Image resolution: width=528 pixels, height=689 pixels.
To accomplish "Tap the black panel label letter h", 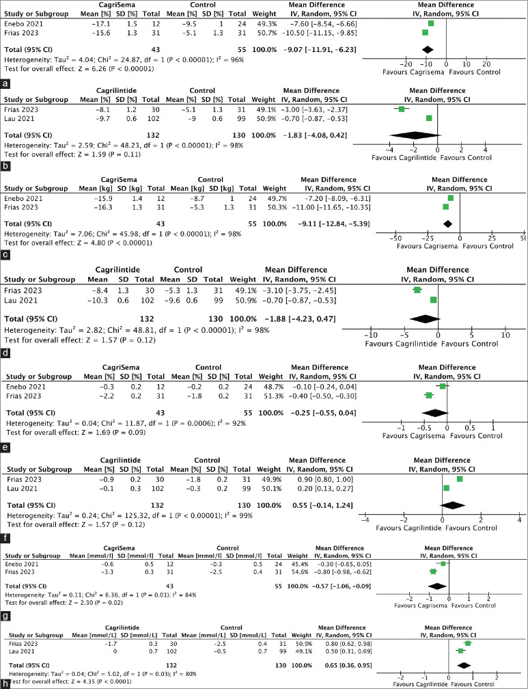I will (x=5, y=682).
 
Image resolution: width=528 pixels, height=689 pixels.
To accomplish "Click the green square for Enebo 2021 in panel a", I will (x=431, y=23).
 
